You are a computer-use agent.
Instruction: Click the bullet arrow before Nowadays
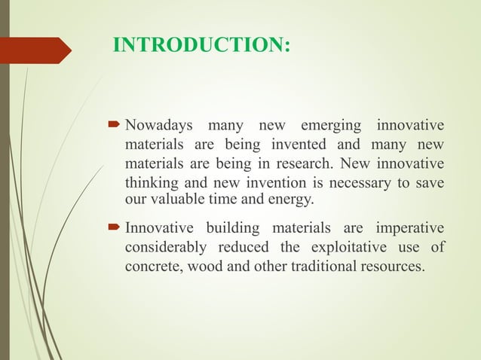pos(116,124)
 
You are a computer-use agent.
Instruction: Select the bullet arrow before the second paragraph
pos(116,227)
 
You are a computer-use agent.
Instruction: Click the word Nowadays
pos(159,124)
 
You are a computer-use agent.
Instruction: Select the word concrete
pos(150,267)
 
